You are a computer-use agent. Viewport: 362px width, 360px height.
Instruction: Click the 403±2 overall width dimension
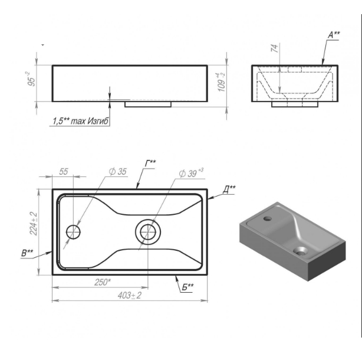(129, 295)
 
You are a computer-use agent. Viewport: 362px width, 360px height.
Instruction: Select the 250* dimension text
(103, 282)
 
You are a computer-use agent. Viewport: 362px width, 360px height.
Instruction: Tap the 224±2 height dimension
(34, 224)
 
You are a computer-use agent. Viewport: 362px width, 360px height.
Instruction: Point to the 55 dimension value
(64, 172)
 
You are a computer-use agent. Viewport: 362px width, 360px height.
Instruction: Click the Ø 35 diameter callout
(118, 172)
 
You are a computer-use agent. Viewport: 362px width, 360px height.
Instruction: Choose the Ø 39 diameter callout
(191, 173)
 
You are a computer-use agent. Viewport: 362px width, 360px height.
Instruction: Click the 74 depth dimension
(275, 48)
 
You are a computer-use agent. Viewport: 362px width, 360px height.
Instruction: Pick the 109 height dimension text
(221, 83)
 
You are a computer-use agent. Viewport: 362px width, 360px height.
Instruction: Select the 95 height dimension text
(31, 79)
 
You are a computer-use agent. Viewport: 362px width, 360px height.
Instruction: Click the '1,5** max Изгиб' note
(81, 121)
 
